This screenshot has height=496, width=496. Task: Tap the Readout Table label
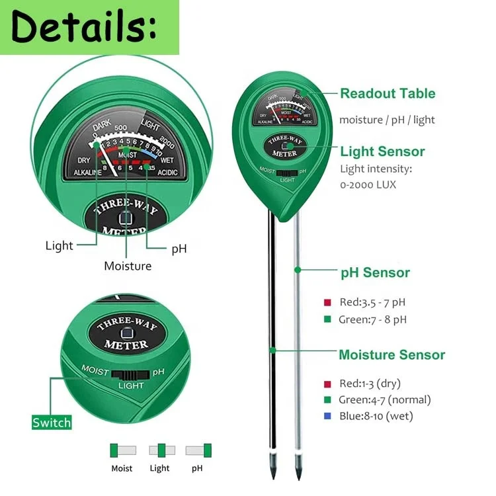pyautogui.click(x=388, y=93)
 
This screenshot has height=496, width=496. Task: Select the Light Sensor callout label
pyautogui.click(x=382, y=151)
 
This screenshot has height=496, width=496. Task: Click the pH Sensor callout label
pyautogui.click(x=375, y=272)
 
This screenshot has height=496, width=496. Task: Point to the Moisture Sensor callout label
pyautogui.click(x=392, y=355)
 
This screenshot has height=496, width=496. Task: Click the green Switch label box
pyautogui.click(x=52, y=422)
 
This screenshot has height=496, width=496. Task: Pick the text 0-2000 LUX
pyautogui.click(x=368, y=185)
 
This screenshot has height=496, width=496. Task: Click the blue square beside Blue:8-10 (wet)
pyautogui.click(x=327, y=417)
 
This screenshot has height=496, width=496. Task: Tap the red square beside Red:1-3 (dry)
pyautogui.click(x=327, y=384)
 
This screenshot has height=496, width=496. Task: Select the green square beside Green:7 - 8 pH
pyautogui.click(x=327, y=319)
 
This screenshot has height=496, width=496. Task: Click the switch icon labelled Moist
pyautogui.click(x=122, y=450)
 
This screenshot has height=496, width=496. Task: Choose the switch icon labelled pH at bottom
pyautogui.click(x=198, y=450)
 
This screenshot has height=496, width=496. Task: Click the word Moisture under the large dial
pyautogui.click(x=128, y=266)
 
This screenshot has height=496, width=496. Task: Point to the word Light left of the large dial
pyautogui.click(x=59, y=246)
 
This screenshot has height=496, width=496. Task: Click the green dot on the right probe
pyautogui.click(x=298, y=269)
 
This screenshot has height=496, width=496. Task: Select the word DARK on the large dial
pyautogui.click(x=102, y=123)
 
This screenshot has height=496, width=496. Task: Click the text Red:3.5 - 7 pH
pyautogui.click(x=372, y=303)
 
